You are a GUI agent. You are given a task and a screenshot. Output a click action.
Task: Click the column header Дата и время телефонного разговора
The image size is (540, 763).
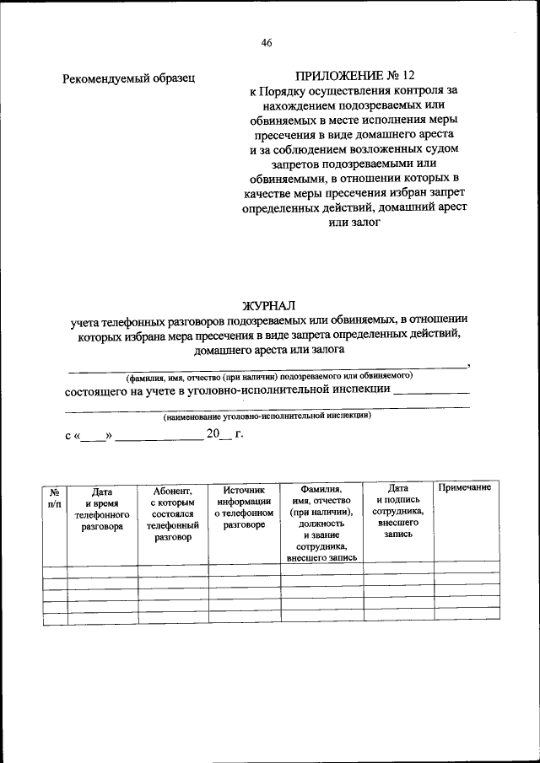click(x=102, y=508)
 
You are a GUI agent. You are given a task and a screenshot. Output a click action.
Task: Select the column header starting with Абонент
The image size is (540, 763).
click(x=173, y=513)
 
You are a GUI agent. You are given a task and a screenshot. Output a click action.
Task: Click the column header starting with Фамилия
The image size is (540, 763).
click(x=321, y=523)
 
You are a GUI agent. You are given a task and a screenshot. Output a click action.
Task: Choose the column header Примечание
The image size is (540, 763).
click(x=464, y=489)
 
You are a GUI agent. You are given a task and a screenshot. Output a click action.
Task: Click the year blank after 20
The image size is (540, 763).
click(x=225, y=438)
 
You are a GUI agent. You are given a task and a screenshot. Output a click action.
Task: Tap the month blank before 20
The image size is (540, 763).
click(x=159, y=438)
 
